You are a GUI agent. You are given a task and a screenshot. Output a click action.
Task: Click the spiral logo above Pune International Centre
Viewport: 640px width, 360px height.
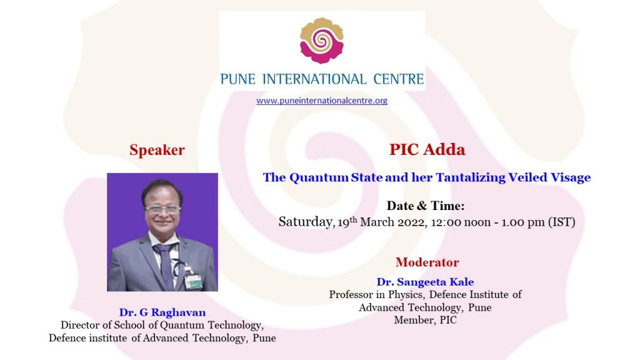pyautogui.click(x=322, y=41)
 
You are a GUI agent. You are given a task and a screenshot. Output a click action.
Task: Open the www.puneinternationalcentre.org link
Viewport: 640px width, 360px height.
pyautogui.click(x=322, y=101)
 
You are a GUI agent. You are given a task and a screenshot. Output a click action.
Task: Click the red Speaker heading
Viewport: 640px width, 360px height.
pyautogui.click(x=157, y=150)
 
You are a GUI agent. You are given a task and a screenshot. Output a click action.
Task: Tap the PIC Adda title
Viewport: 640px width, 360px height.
pyautogui.click(x=427, y=149)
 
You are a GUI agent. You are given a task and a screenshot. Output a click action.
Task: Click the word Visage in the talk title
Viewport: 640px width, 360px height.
pyautogui.click(x=571, y=177)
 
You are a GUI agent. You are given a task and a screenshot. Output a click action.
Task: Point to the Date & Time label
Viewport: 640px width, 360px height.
pyautogui.click(x=426, y=206)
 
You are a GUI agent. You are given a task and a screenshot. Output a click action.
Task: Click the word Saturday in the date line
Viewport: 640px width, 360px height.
pyautogui.click(x=306, y=222)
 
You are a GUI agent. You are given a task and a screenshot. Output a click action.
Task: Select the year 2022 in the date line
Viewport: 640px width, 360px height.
pyautogui.click(x=412, y=222)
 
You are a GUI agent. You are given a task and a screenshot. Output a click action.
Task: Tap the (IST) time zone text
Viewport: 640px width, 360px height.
pyautogui.click(x=562, y=222)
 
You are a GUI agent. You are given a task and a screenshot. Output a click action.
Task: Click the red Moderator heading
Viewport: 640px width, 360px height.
pyautogui.click(x=427, y=262)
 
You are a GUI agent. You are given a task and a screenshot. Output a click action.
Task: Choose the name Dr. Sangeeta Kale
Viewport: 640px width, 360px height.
pyautogui.click(x=425, y=282)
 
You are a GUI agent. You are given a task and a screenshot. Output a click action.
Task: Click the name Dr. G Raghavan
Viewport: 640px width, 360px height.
pyautogui.click(x=162, y=312)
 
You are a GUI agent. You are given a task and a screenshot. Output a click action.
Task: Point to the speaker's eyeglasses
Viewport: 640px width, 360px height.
pyautogui.click(x=162, y=210)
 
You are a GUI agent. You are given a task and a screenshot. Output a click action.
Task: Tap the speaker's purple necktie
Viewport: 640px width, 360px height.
pyautogui.click(x=165, y=265)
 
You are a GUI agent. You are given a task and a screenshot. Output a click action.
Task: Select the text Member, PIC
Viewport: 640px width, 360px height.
pyautogui.click(x=425, y=320)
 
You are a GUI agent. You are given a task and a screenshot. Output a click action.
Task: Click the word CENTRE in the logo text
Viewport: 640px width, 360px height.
pyautogui.click(x=399, y=79)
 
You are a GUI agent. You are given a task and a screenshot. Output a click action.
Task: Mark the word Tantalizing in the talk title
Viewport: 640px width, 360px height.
pyautogui.click(x=471, y=177)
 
